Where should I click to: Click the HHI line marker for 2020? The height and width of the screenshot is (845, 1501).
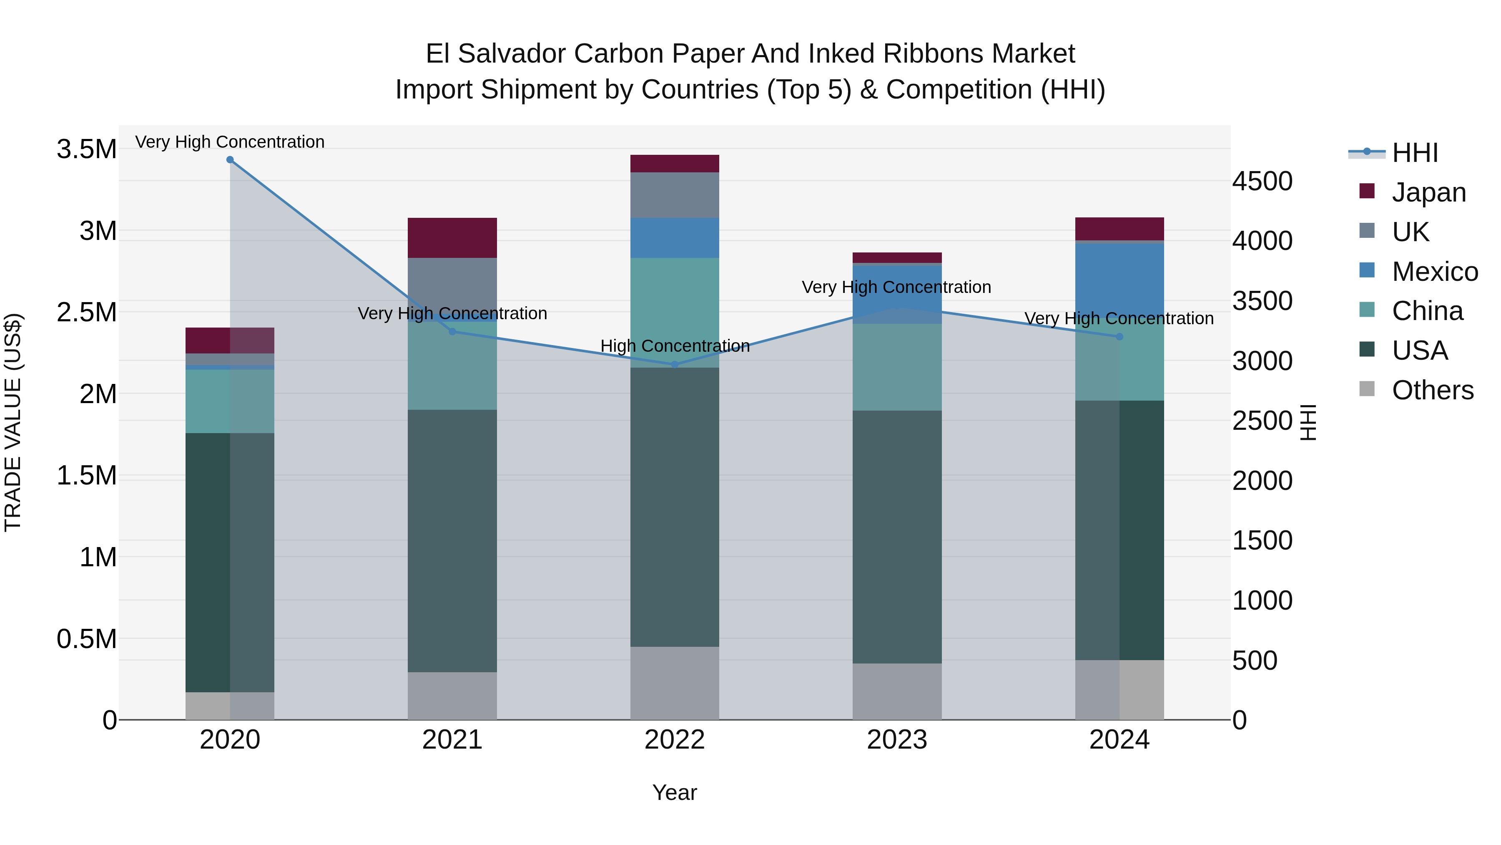pyautogui.click(x=230, y=160)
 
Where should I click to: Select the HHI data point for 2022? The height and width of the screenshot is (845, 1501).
pyautogui.click(x=675, y=364)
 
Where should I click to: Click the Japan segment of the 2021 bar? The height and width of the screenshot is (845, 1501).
pyautogui.click(x=452, y=238)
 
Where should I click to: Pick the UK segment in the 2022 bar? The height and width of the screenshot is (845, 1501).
pyautogui.click(x=675, y=195)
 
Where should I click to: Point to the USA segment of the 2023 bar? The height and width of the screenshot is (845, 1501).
pyautogui.click(x=897, y=537)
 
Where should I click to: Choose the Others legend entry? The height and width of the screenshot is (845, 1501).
pyautogui.click(x=1432, y=390)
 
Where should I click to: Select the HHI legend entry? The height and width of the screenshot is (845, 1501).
pyautogui.click(x=1415, y=153)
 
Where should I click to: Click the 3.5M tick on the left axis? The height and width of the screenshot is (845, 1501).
pyautogui.click(x=86, y=149)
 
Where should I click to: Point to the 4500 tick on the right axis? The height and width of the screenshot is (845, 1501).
pyautogui.click(x=1262, y=182)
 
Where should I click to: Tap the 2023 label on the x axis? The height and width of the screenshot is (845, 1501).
pyautogui.click(x=897, y=740)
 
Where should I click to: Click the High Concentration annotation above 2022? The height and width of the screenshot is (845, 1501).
pyautogui.click(x=675, y=346)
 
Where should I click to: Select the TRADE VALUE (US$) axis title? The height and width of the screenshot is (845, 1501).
pyautogui.click(x=13, y=422)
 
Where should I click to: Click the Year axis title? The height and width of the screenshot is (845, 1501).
pyautogui.click(x=675, y=792)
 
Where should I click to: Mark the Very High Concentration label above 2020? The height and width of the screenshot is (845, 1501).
pyautogui.click(x=230, y=142)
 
